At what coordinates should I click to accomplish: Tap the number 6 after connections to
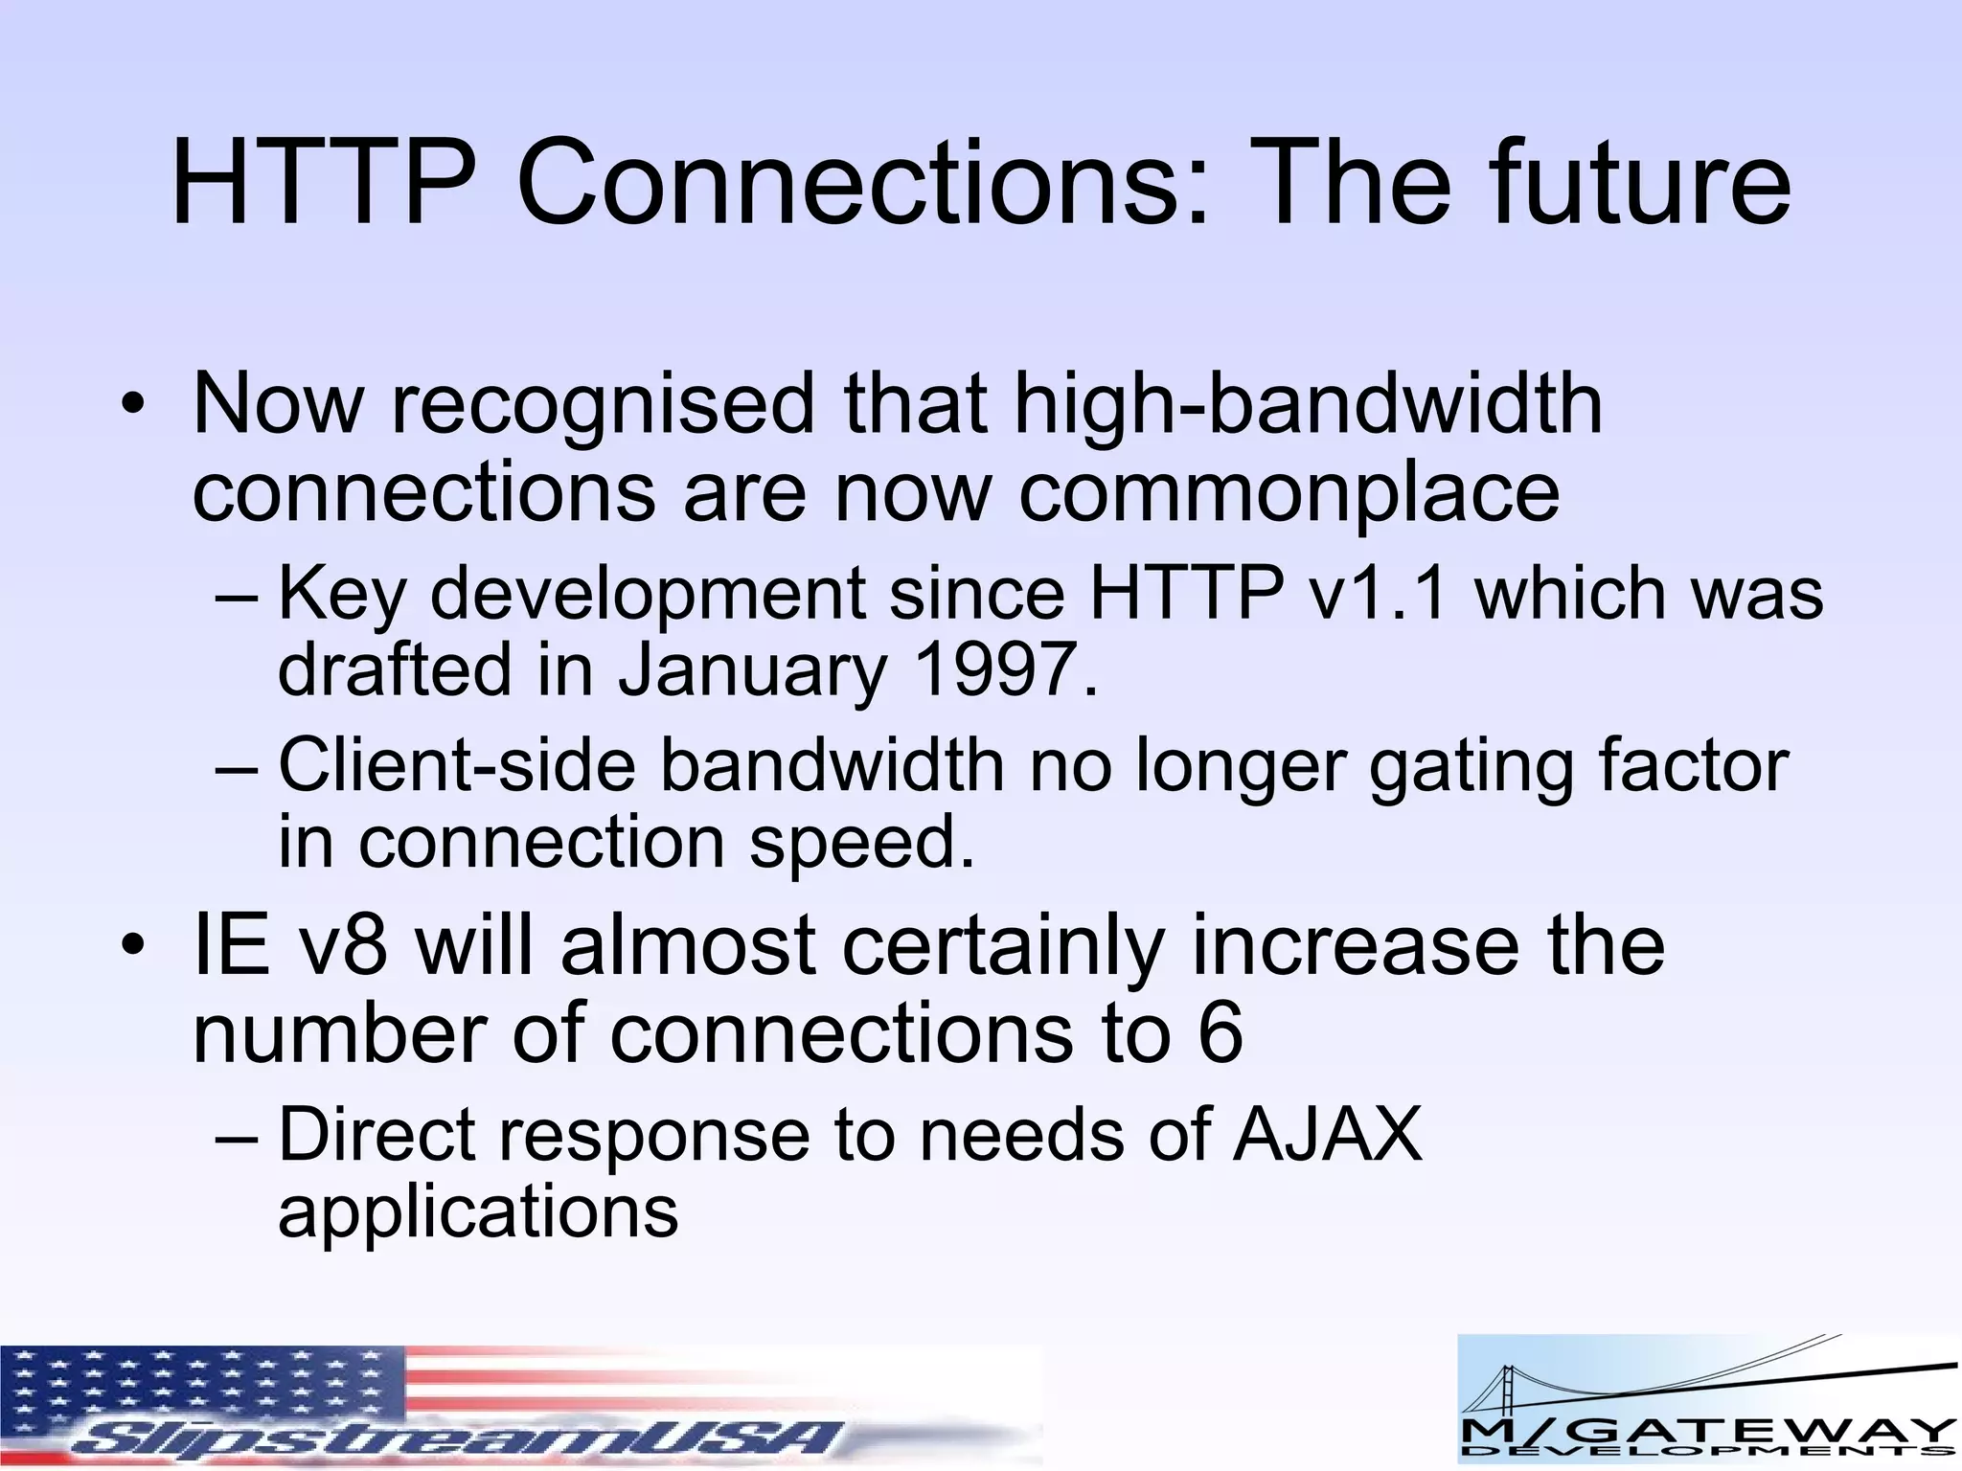pyautogui.click(x=1220, y=1033)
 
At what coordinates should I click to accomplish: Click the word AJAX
pyautogui.click(x=1327, y=1135)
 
